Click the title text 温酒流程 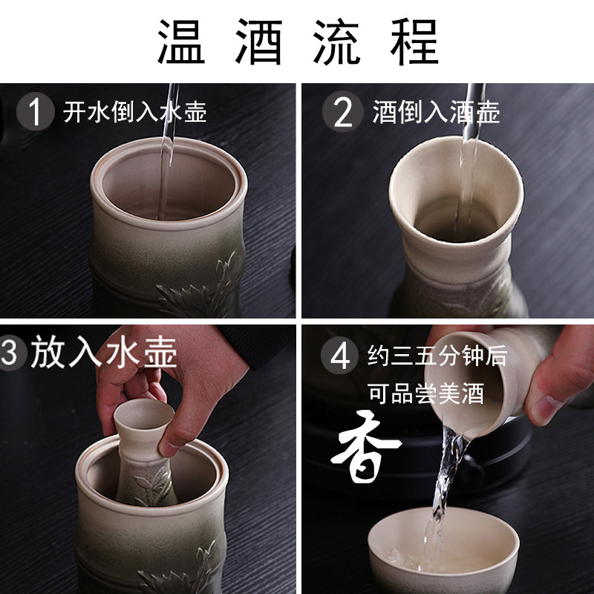(x=298, y=42)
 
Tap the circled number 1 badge (x=35, y=111)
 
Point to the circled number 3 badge (x=11, y=352)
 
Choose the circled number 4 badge (x=340, y=356)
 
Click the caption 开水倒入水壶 (x=135, y=112)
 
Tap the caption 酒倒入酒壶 (x=436, y=112)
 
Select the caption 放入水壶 (x=103, y=351)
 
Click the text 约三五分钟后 (x=437, y=356)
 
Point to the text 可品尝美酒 (x=426, y=394)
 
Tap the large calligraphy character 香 (x=365, y=447)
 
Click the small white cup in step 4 (x=443, y=550)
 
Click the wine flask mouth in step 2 (x=456, y=189)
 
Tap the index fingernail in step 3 (x=168, y=449)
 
